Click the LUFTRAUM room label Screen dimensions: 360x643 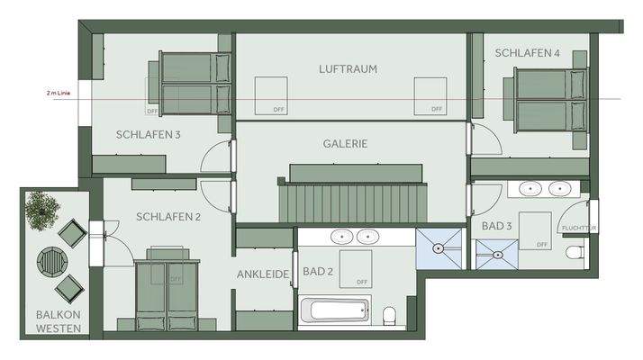tap(347, 68)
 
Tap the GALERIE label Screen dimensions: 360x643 tap(346, 143)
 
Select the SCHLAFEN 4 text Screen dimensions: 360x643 tap(527, 53)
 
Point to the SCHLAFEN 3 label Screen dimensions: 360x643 tap(149, 135)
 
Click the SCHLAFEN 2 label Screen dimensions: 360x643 tap(168, 217)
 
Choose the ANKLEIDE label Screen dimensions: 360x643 tap(262, 274)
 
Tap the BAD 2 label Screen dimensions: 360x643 tap(320, 271)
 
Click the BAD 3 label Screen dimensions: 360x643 tap(497, 225)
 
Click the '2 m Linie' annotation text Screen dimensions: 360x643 tap(59, 93)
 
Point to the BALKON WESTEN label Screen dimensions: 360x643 tap(58, 322)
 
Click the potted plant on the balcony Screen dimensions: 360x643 tap(41, 209)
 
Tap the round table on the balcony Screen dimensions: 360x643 tap(51, 263)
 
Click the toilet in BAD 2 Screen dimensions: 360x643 tap(390, 315)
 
